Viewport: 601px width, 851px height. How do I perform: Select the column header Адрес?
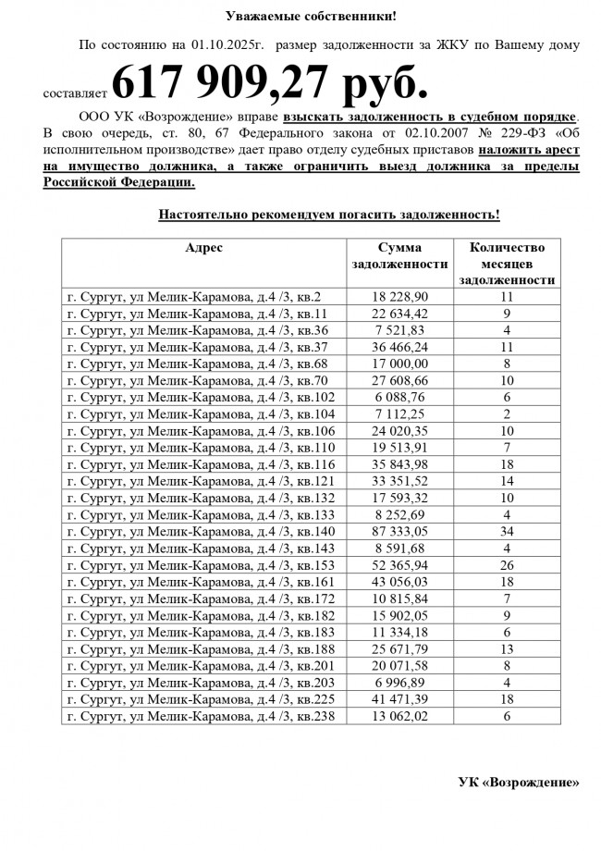coord(203,248)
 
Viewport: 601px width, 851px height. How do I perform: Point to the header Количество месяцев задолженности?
coord(507,264)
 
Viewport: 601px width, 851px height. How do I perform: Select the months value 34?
coord(507,531)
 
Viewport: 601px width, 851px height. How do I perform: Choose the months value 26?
coord(507,565)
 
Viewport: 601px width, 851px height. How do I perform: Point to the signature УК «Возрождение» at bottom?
coord(519,783)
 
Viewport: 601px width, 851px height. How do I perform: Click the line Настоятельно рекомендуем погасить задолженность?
coord(329,215)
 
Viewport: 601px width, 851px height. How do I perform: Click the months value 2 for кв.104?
coord(507,413)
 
